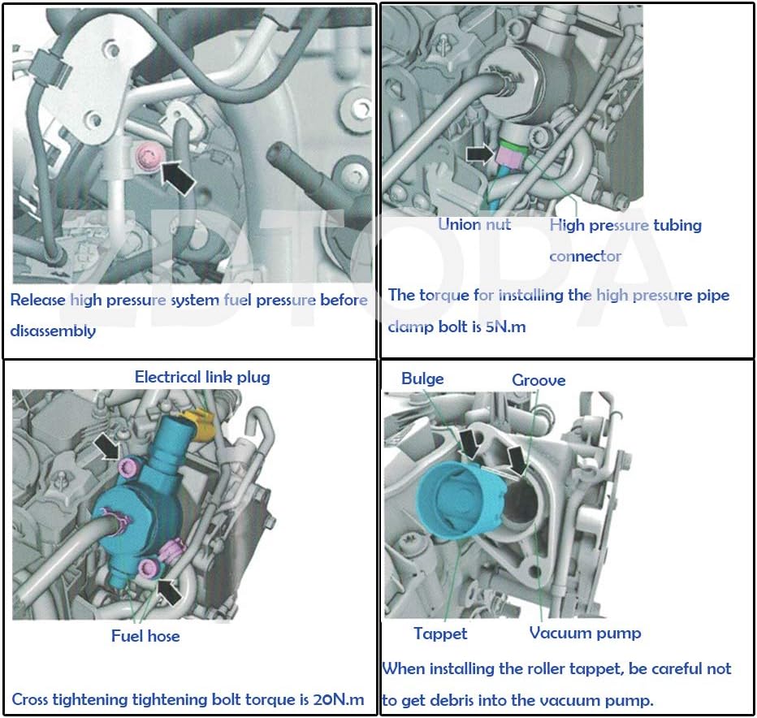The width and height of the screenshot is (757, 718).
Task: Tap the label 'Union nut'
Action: [x=474, y=224]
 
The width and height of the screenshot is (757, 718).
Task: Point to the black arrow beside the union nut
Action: [x=480, y=153]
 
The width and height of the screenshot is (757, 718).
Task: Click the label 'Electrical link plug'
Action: [x=202, y=377]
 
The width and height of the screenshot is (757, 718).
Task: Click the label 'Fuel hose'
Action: [x=145, y=636]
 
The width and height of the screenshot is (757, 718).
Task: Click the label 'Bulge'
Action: [x=422, y=378]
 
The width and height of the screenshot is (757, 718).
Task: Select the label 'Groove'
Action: [x=539, y=380]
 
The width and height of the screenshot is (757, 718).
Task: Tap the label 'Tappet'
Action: [x=440, y=634]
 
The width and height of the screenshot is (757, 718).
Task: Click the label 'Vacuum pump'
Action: [x=585, y=633]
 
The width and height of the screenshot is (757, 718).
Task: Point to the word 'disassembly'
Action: [x=53, y=331]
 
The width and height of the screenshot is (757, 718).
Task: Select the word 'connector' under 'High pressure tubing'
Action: [x=585, y=256]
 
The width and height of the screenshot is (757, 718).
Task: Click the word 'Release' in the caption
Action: [x=37, y=300]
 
